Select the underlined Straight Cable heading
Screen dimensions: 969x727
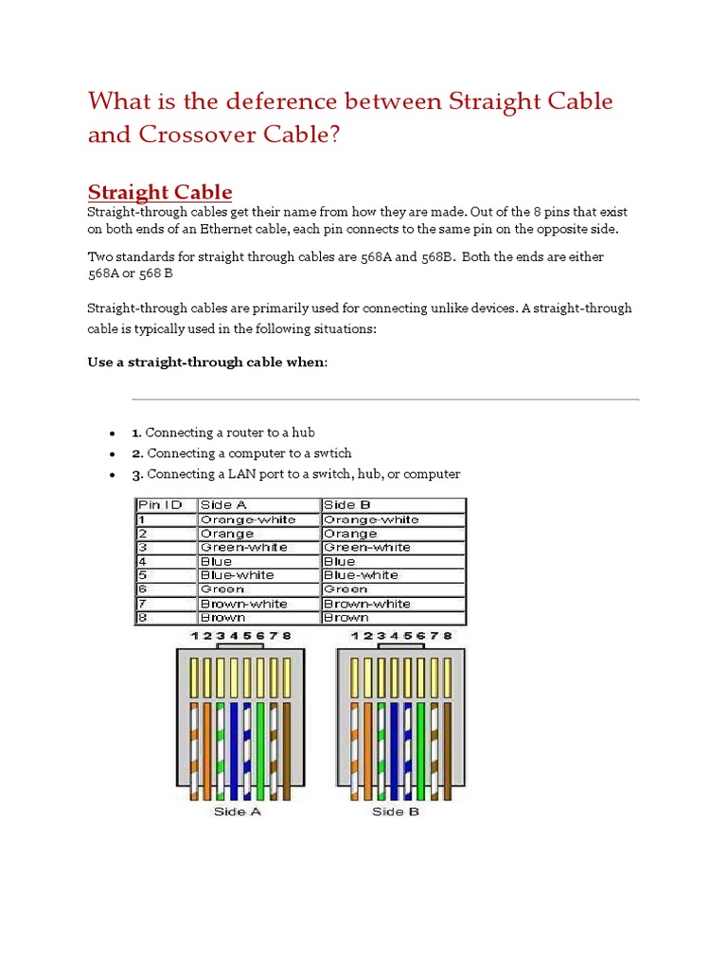(160, 192)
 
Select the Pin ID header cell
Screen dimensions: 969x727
(166, 505)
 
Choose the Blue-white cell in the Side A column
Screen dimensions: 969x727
(237, 575)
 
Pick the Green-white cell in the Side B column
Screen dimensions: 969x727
(366, 547)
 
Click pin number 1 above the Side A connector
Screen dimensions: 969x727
(194, 636)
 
